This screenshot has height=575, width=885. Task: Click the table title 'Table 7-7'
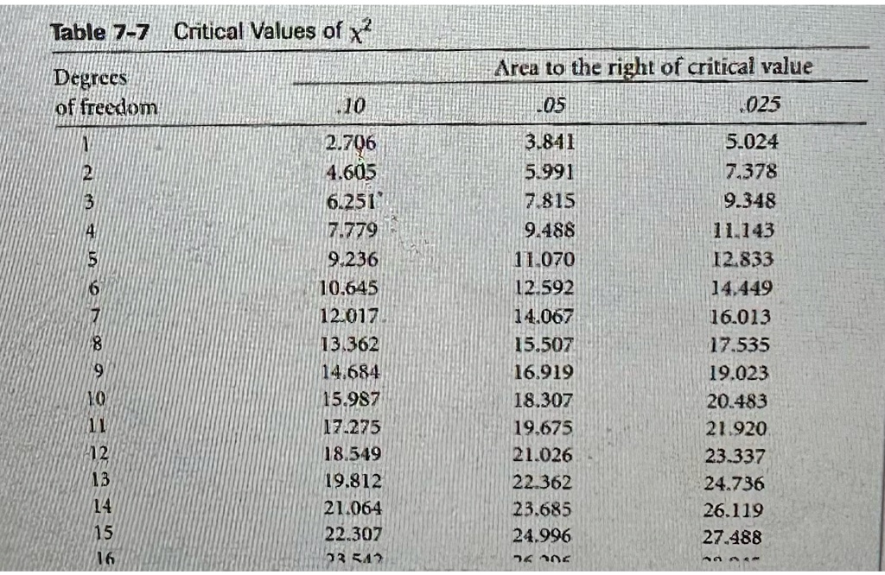[99, 33]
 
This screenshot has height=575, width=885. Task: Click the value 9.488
[549, 231]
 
